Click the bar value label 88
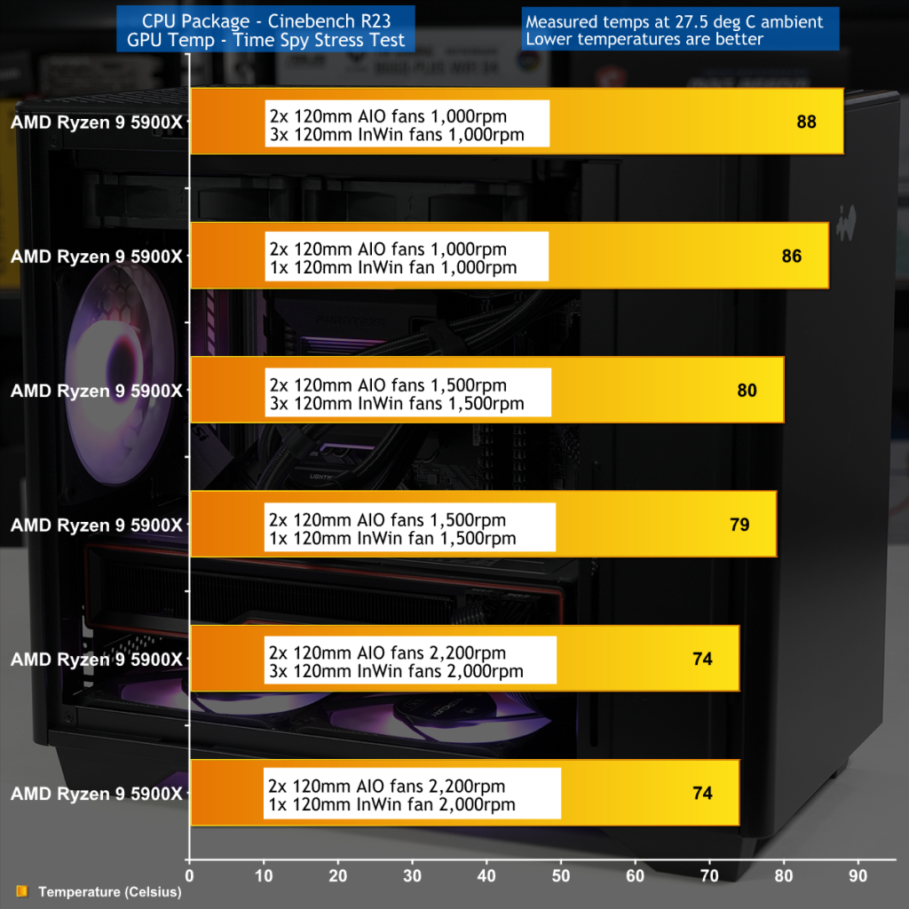click(806, 122)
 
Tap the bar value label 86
click(792, 257)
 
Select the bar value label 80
click(747, 391)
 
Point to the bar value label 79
click(739, 525)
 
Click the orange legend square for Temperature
click(22, 891)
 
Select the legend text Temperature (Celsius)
click(109, 891)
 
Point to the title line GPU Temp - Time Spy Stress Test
click(266, 40)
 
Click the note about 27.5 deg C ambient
click(675, 20)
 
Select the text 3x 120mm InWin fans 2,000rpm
click(395, 672)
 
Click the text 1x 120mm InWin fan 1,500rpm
click(391, 538)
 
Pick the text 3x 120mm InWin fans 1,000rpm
click(396, 135)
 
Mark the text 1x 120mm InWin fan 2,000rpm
click(391, 805)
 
